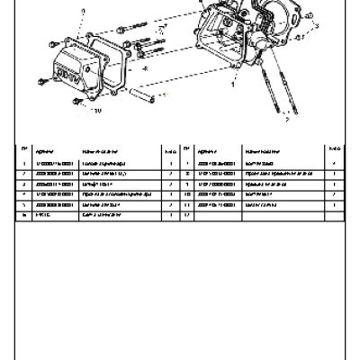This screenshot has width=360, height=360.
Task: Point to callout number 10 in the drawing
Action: [x=97, y=111]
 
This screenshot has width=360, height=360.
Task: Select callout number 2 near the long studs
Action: [x=286, y=117]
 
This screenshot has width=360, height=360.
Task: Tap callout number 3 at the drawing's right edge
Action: [x=318, y=28]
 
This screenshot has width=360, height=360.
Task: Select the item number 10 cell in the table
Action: [x=185, y=193]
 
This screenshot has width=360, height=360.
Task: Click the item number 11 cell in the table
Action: [x=185, y=204]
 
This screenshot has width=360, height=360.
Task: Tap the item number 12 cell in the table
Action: [x=185, y=216]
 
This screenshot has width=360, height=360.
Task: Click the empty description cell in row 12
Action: [x=279, y=216]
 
